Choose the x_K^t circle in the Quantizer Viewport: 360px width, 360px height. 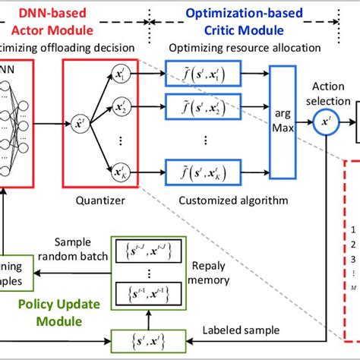(x=119, y=168)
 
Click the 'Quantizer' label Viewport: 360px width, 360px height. (x=95, y=201)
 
